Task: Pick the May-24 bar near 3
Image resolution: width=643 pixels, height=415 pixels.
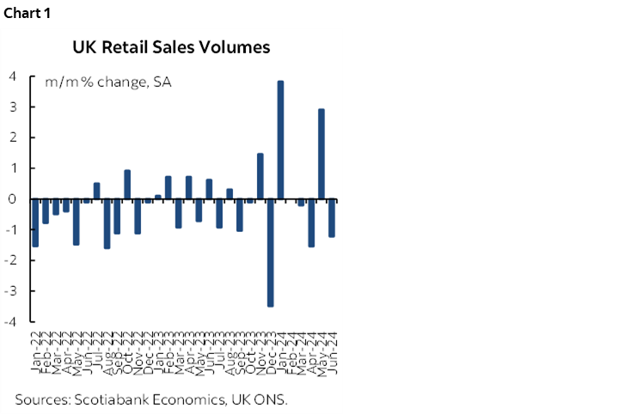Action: tap(321, 154)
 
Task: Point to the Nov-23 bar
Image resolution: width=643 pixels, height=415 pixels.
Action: tap(260, 176)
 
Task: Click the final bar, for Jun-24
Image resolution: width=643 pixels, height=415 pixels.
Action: tap(332, 217)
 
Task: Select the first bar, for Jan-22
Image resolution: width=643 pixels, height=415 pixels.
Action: tap(35, 223)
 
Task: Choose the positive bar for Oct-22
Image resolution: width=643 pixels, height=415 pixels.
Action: tap(127, 184)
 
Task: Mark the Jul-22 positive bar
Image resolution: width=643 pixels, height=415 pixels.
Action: tap(96, 191)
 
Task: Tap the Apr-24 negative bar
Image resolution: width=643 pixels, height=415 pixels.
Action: tap(311, 223)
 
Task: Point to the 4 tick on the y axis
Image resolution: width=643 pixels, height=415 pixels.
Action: tap(13, 76)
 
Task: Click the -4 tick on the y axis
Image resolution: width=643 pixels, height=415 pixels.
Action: tap(10, 321)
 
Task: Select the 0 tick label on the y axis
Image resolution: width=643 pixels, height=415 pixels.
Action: tap(13, 198)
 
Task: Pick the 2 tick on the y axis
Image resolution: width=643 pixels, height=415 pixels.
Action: tap(13, 137)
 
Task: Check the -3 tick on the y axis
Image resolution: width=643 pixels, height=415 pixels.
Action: tap(10, 290)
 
